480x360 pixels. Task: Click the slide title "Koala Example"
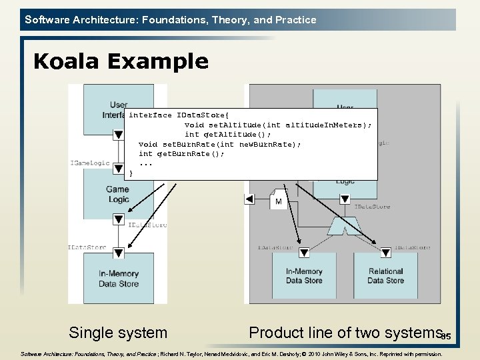pyautogui.click(x=121, y=61)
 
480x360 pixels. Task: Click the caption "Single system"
pyautogui.click(x=118, y=332)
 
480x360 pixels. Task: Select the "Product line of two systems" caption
pyautogui.click(x=345, y=332)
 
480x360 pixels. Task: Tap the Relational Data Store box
pyautogui.click(x=385, y=276)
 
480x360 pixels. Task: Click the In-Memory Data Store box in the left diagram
pyautogui.click(x=119, y=279)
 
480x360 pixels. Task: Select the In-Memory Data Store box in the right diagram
pyautogui.click(x=304, y=276)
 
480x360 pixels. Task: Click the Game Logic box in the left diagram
pyautogui.click(x=118, y=195)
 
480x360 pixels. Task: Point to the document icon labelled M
pyautogui.click(x=278, y=199)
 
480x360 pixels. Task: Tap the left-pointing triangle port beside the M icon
pyautogui.click(x=249, y=199)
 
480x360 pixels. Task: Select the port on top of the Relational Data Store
pyautogui.click(x=385, y=253)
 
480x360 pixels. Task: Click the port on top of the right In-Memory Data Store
pyautogui.click(x=304, y=253)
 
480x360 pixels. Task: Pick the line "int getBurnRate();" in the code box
pyautogui.click(x=181, y=153)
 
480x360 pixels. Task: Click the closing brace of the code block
pyautogui.click(x=131, y=173)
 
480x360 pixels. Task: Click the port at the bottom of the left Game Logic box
pyautogui.click(x=118, y=218)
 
